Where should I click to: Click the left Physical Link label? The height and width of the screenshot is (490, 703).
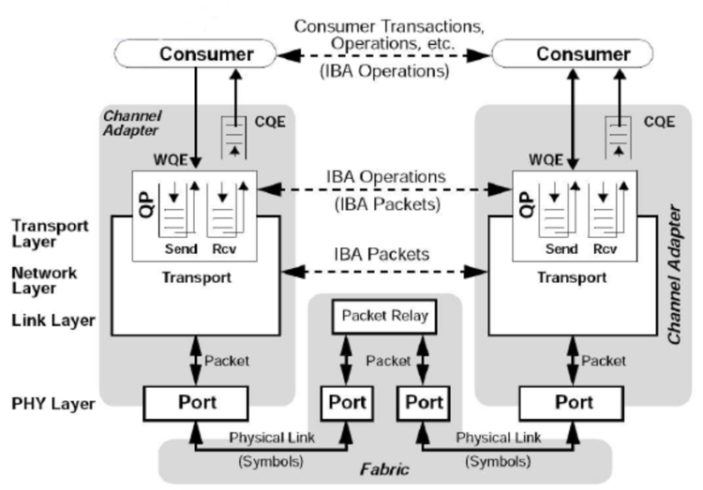click(x=272, y=436)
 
